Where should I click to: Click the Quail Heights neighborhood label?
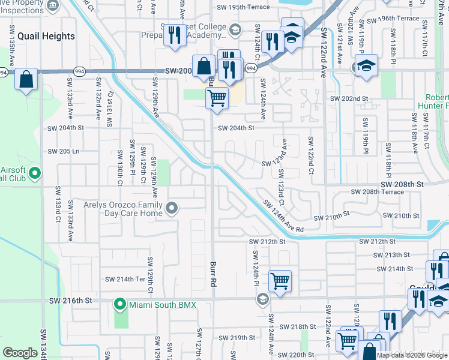pos(46,36)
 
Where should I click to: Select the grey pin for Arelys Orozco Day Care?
pos(172,208)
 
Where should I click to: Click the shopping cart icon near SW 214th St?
pos(280,280)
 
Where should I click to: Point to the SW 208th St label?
pos(402,184)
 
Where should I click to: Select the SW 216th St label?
pos(79,299)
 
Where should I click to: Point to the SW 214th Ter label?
pos(125,279)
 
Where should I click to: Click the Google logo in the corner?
pos(20,353)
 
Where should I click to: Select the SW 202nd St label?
pos(348,98)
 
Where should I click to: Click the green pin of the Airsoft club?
pos(35,174)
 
